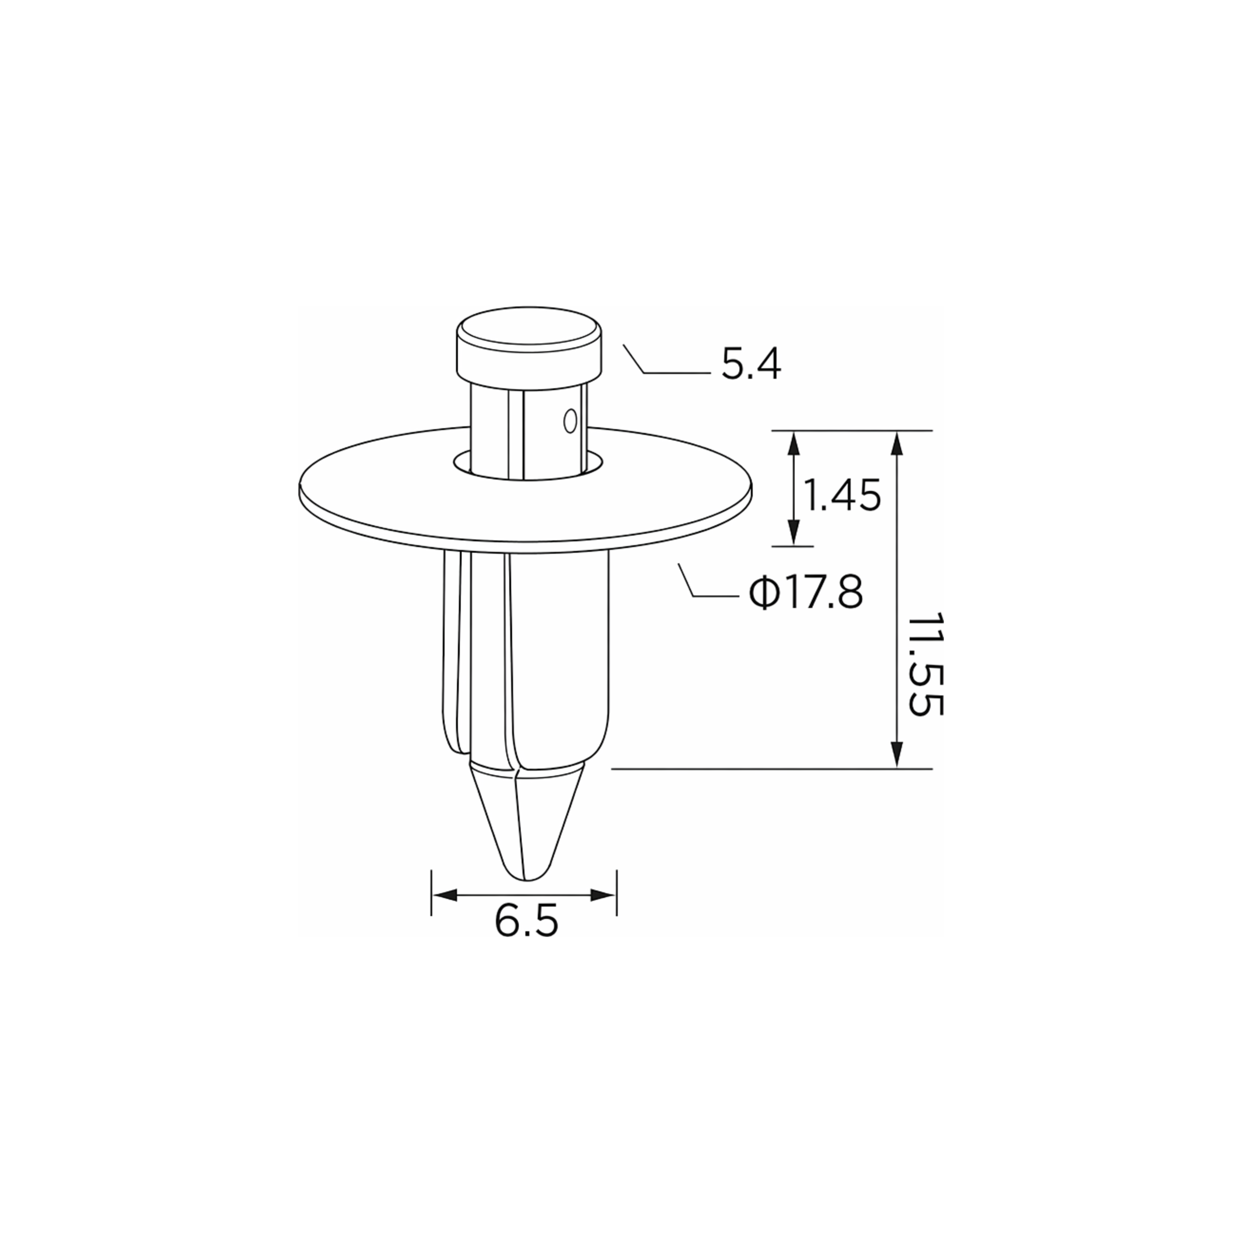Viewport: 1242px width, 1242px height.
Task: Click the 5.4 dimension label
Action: [x=751, y=365]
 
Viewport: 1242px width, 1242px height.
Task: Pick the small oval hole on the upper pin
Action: [x=569, y=421]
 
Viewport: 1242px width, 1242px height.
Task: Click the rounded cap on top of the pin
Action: [x=529, y=347]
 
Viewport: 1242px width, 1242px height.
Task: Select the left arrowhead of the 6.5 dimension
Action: [x=444, y=895]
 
